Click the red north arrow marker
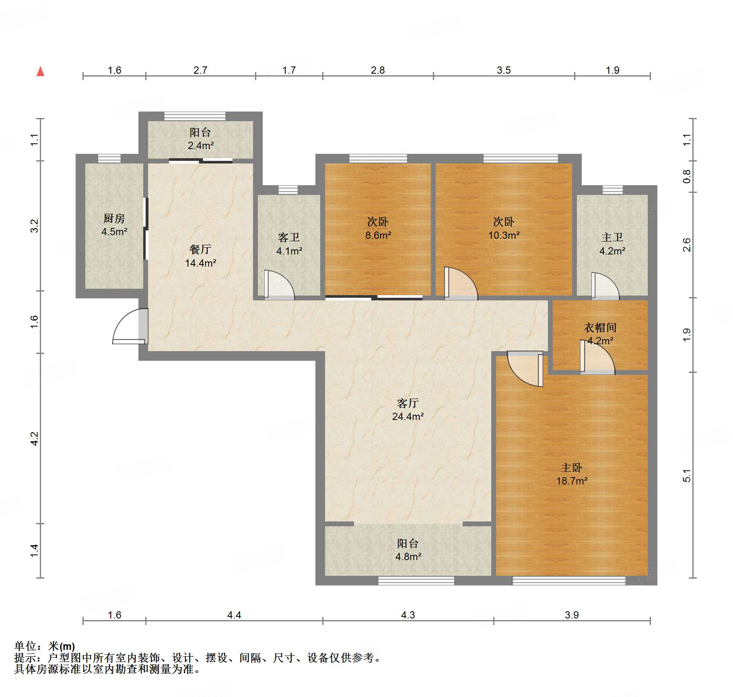tap(40, 71)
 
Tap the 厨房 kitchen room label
tap(114, 218)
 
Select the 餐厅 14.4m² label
tap(200, 256)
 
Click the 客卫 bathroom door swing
tap(280, 285)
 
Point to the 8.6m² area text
tap(378, 235)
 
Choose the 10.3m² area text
tap(504, 235)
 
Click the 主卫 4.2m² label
tap(612, 244)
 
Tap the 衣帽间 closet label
tap(600, 327)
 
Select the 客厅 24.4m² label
tap(408, 410)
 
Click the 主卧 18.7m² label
tap(572, 474)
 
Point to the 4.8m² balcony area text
tap(408, 556)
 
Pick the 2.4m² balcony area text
tap(201, 145)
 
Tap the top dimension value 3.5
tap(504, 70)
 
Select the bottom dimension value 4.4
tap(234, 615)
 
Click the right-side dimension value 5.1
tap(686, 476)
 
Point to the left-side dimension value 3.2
tap(35, 226)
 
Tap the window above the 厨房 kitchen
tap(109, 159)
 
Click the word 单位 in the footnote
tap(25, 646)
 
